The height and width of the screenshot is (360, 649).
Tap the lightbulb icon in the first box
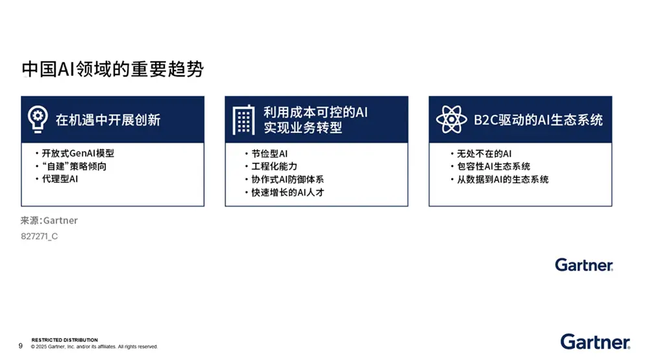pyautogui.click(x=38, y=119)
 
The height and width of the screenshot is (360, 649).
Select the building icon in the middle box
pyautogui.click(x=243, y=120)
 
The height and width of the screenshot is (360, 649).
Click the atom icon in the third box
pyautogui.click(x=451, y=119)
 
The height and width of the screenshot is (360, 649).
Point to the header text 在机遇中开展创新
pyautogui.click(x=108, y=120)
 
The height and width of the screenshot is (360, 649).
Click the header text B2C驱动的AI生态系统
pyautogui.click(x=538, y=120)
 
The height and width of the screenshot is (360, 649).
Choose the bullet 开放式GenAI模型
pyautogui.click(x=78, y=154)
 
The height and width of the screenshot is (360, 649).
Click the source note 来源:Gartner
pyautogui.click(x=49, y=221)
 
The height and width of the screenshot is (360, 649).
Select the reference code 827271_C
pyautogui.click(x=40, y=237)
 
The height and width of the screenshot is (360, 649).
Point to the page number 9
pyautogui.click(x=21, y=346)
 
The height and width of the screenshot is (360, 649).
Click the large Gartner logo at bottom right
pyautogui.click(x=594, y=342)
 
